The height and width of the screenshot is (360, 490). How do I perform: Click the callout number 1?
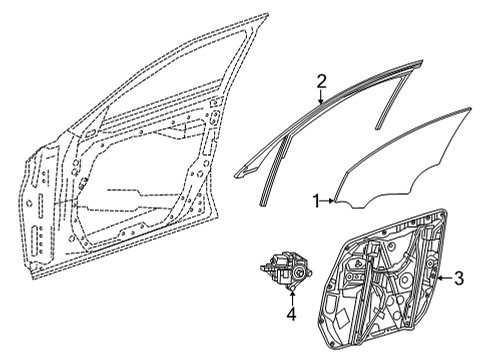[317, 202]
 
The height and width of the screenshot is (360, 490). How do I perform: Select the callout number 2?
[321, 82]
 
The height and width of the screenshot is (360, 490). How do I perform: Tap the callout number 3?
[459, 278]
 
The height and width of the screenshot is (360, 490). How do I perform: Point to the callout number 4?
[292, 314]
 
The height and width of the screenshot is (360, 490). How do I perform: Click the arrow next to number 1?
[328, 201]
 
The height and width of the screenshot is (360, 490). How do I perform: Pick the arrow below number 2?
[321, 97]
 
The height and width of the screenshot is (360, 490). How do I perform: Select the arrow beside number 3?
[445, 278]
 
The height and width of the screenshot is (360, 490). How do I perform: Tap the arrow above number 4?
[292, 298]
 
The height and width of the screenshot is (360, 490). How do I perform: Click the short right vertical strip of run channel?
[392, 101]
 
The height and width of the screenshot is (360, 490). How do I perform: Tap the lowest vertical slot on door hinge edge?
[35, 241]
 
